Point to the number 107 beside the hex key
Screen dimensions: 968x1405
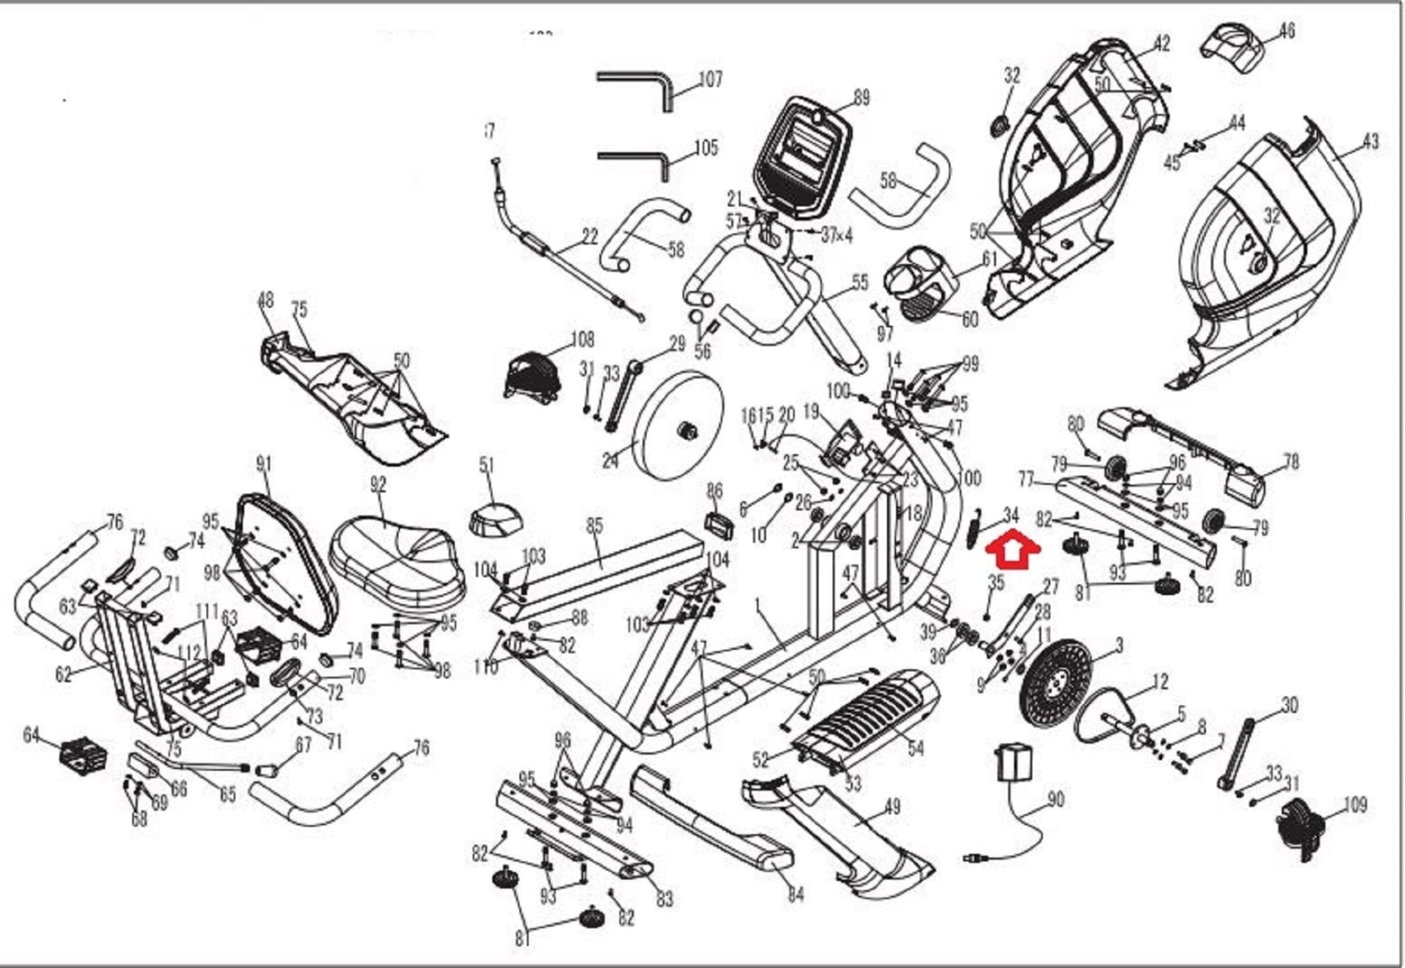click(710, 80)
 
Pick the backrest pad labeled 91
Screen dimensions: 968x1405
click(285, 562)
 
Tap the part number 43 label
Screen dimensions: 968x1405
click(1370, 142)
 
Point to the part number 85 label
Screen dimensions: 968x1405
click(594, 526)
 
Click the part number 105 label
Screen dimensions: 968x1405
click(706, 148)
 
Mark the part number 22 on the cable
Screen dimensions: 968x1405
click(589, 237)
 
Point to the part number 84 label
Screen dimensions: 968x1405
click(795, 895)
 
